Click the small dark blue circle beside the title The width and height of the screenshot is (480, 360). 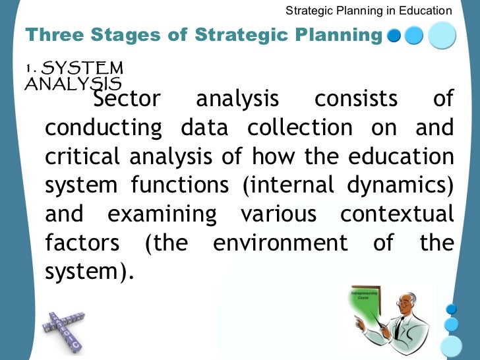[x=394, y=36]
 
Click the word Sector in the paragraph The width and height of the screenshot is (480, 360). [x=127, y=99]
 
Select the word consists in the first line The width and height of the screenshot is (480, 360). [x=356, y=99]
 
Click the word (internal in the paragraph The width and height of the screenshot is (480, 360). [x=285, y=185]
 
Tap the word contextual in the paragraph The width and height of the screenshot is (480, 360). [x=397, y=214]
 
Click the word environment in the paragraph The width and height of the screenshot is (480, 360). [x=280, y=243]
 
